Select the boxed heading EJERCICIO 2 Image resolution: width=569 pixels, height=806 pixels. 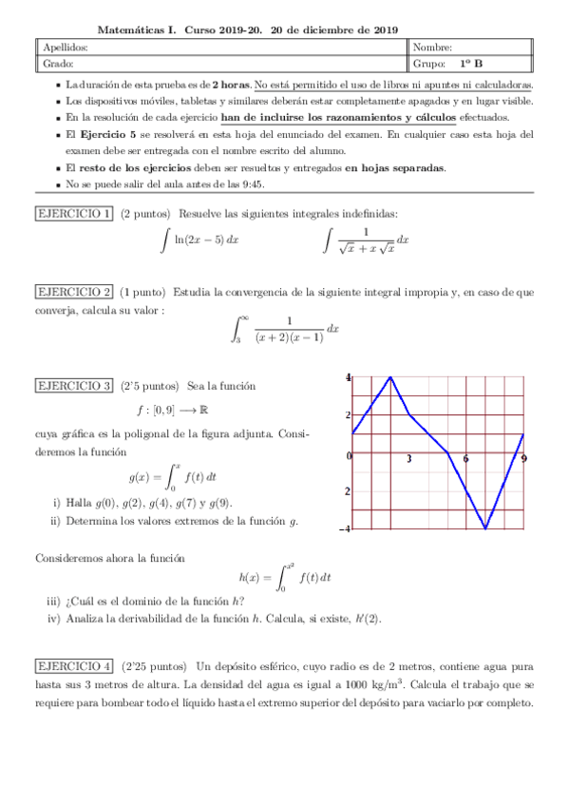(74, 291)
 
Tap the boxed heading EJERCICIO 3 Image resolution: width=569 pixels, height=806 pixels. (74, 386)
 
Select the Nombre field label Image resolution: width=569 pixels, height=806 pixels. (433, 48)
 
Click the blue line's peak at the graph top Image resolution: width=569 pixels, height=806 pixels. (390, 377)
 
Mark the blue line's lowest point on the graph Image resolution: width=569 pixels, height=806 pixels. (485, 528)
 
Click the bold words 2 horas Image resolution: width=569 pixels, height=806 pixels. (232, 84)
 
